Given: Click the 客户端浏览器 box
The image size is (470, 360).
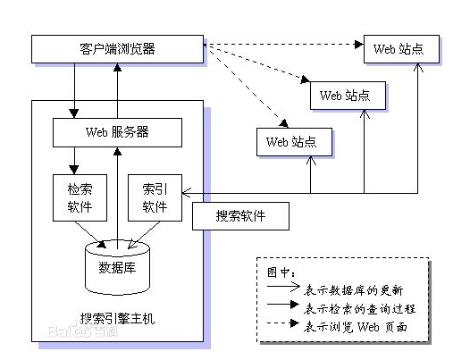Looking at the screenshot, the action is (118, 49).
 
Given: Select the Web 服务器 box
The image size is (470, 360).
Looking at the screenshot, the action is (118, 132).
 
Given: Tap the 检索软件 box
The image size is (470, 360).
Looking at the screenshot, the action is (80, 197).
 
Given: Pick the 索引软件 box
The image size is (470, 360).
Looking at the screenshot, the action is (155, 197).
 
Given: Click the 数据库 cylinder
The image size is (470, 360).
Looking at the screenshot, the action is (118, 267).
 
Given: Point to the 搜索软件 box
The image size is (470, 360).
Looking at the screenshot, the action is (240, 216).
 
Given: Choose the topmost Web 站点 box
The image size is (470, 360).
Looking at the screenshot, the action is (402, 49).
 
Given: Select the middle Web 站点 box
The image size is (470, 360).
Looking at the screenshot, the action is (348, 96).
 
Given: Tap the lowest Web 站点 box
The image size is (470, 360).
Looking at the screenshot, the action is (294, 142).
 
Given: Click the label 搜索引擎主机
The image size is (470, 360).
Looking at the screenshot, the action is (118, 318).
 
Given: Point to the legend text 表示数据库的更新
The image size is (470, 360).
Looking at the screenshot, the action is (354, 290).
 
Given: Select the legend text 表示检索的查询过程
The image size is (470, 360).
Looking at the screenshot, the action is (359, 308).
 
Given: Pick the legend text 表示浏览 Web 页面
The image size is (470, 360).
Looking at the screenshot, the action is (356, 327).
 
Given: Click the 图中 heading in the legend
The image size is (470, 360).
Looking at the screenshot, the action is (281, 272).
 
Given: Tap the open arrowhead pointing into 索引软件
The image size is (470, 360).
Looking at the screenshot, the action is (187, 193).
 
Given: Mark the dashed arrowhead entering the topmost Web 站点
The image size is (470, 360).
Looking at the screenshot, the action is (359, 45).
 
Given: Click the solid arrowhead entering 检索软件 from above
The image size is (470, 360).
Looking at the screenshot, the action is (74, 170).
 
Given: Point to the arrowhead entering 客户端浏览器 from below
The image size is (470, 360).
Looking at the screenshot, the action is (118, 68).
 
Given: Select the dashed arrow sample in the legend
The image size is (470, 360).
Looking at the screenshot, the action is (283, 323).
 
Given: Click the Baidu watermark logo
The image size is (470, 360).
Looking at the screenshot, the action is (83, 331).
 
